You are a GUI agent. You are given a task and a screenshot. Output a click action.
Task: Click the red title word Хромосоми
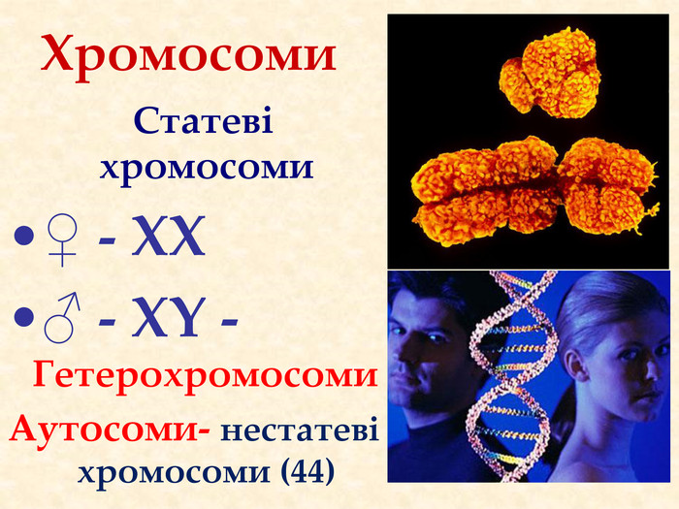coord(189,57)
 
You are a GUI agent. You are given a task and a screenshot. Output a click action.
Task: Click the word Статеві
coord(204,121)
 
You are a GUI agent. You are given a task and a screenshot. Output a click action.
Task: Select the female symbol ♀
coord(62,240)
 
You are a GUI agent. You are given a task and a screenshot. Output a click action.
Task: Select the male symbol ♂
coord(62,318)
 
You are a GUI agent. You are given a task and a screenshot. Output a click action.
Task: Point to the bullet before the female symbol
coord(23,237)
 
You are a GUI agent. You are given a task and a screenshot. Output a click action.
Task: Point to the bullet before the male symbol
coord(23,317)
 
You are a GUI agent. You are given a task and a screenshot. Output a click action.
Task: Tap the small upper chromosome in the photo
coord(550,73)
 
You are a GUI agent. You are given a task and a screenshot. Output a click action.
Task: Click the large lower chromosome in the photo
coord(535,190)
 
